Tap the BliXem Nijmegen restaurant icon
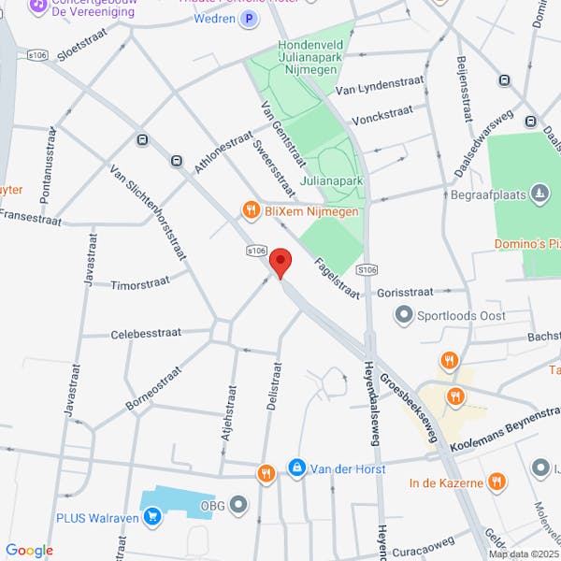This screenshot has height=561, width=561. click(251, 210)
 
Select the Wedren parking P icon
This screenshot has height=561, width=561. click(248, 18)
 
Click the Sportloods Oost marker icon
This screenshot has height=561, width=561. click(404, 315)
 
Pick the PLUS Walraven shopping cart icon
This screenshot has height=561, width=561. click(151, 515)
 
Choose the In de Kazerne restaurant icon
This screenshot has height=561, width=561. click(496, 482)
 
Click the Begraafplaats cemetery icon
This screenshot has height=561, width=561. click(539, 194)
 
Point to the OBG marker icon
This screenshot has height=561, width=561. click(238, 506)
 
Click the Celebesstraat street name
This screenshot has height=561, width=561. click(146, 333)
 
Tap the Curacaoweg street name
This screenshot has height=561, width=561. click(423, 540)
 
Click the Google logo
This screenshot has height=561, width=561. click(29, 551)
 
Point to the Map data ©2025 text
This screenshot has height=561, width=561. click(521, 554)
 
